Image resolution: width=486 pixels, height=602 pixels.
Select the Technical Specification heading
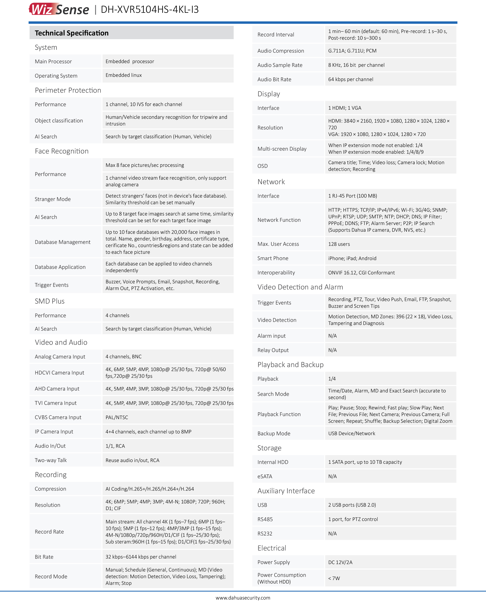(71, 33)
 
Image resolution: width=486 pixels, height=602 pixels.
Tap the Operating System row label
(56, 76)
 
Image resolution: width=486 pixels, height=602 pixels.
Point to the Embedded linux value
(124, 75)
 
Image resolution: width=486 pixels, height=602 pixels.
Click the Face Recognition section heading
(62, 151)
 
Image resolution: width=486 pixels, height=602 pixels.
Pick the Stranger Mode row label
(53, 199)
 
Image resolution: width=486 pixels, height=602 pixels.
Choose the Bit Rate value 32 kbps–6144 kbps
(141, 557)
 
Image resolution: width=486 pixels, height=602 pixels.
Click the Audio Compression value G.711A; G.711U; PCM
(352, 51)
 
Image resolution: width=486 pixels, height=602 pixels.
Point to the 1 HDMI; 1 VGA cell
(345, 108)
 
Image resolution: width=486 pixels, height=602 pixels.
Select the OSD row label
(263, 166)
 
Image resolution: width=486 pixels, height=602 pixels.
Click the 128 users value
(339, 244)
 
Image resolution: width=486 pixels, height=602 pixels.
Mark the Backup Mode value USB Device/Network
(352, 433)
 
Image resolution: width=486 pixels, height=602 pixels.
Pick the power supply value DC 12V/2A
(340, 562)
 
